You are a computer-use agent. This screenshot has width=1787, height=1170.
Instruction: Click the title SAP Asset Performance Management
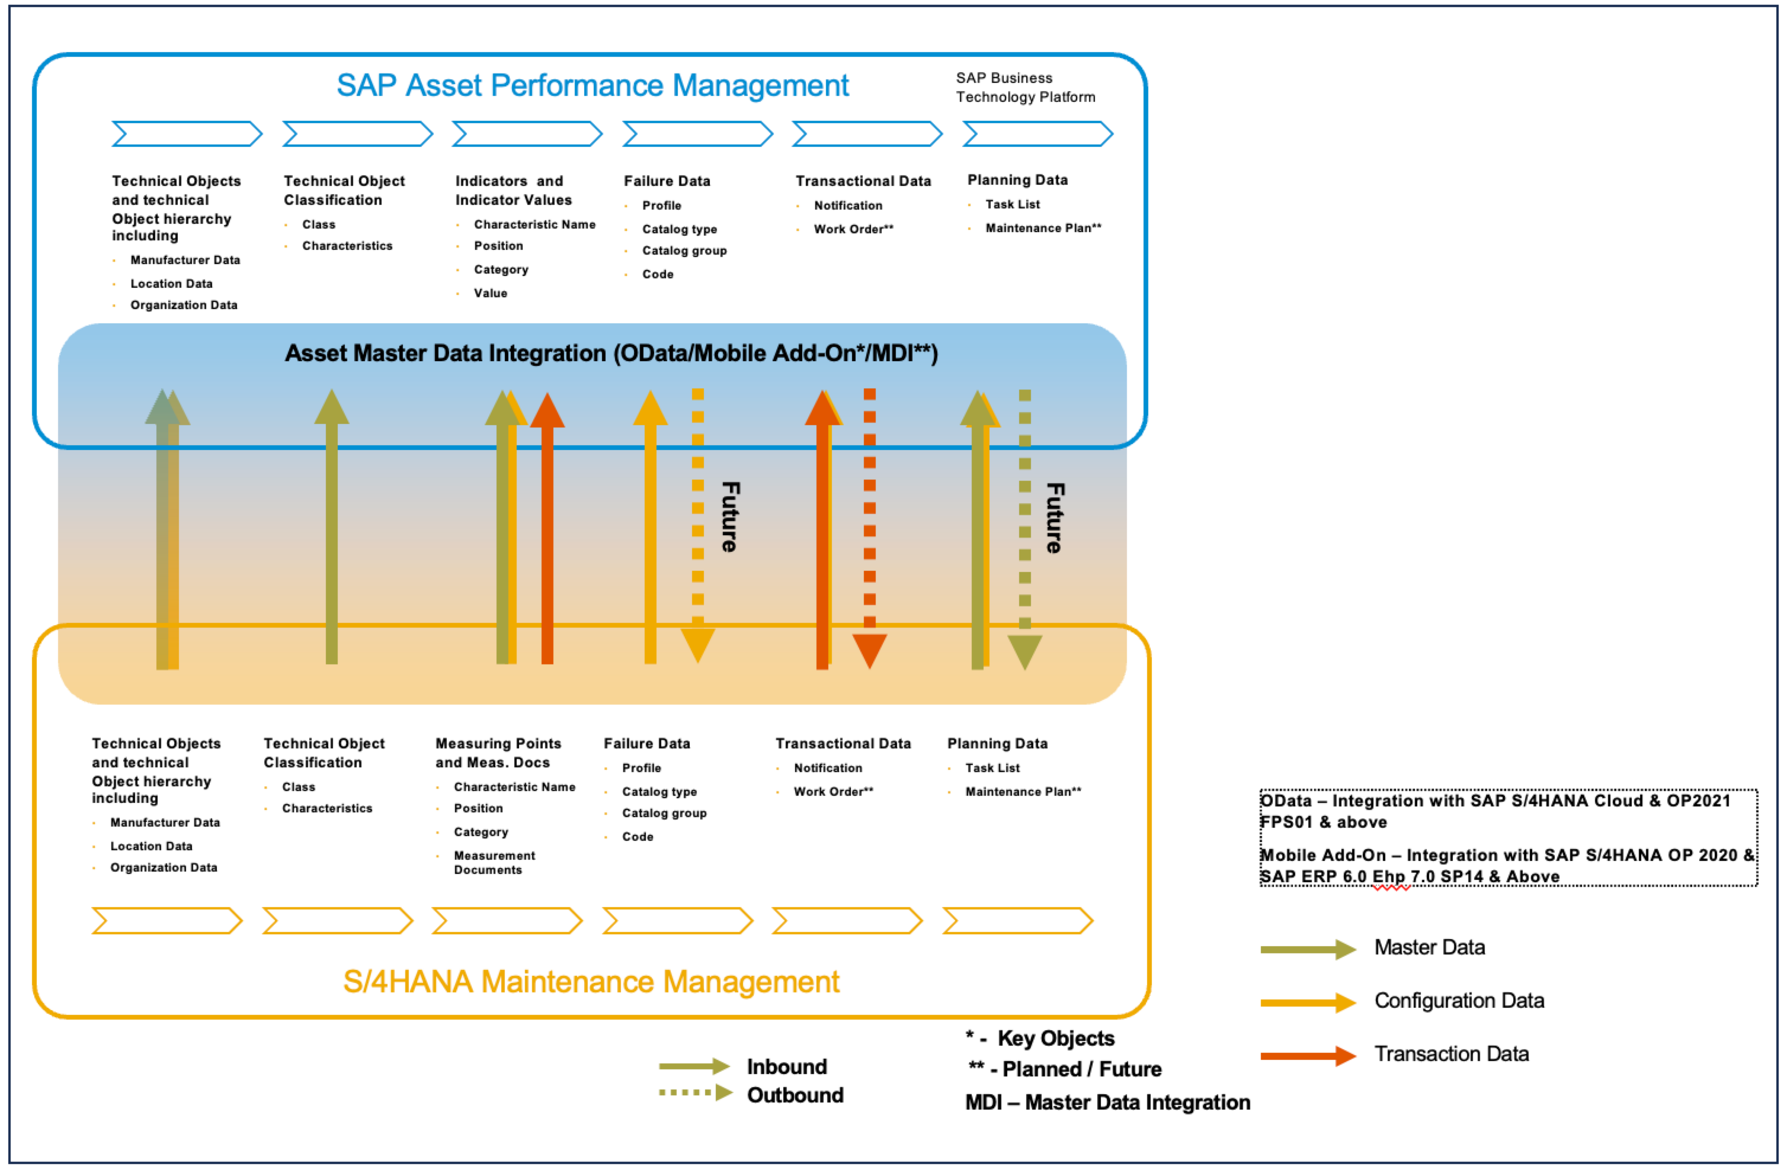[592, 85]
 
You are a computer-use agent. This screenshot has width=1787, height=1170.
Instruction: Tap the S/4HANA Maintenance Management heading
[591, 982]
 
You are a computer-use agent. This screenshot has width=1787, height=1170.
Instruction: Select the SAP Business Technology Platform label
[1025, 87]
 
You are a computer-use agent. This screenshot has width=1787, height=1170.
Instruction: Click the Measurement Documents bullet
[494, 862]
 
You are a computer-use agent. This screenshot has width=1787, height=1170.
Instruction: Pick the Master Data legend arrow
[1307, 949]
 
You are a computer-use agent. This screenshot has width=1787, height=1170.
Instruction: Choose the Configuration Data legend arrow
[1307, 1002]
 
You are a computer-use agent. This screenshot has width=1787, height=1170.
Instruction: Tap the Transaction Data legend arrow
[1307, 1056]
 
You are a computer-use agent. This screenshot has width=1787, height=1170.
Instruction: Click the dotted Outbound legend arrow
[695, 1092]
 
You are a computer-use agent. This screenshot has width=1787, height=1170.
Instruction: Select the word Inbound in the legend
[786, 1066]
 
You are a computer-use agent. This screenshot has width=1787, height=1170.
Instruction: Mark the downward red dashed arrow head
[869, 650]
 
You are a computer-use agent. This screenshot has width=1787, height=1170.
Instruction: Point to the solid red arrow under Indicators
[547, 525]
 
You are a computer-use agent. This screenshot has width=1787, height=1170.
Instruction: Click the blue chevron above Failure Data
[697, 134]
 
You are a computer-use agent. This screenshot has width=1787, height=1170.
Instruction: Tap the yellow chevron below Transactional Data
[847, 921]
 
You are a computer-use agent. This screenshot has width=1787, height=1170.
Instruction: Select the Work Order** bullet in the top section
[853, 229]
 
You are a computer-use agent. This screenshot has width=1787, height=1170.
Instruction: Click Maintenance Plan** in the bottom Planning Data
[1023, 792]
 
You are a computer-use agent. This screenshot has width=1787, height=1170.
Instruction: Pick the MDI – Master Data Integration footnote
[1107, 1102]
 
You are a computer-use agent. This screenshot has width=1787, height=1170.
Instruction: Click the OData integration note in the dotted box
[1494, 811]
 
